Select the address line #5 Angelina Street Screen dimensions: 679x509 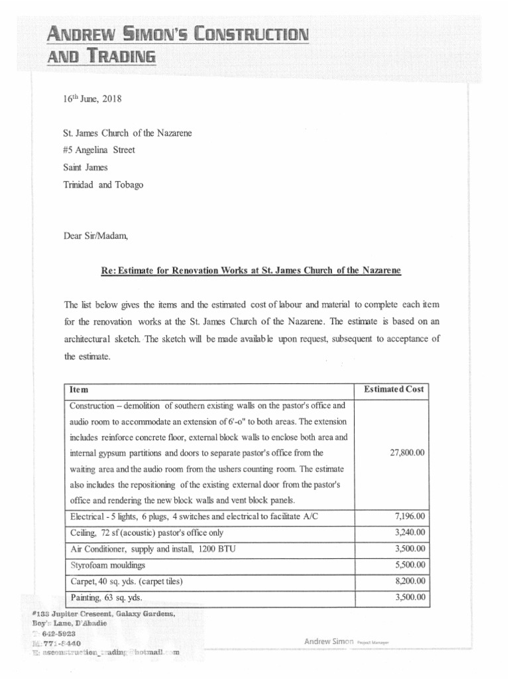[x=99, y=150]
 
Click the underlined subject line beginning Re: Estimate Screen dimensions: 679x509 [x=251, y=272]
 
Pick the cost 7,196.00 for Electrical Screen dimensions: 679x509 [x=408, y=516]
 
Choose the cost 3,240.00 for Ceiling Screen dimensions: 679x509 [x=408, y=532]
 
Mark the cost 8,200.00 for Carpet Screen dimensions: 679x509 [x=408, y=582]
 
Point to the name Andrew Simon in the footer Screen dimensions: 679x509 [x=329, y=641]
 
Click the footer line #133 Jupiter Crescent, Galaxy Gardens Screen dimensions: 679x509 [x=103, y=614]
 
